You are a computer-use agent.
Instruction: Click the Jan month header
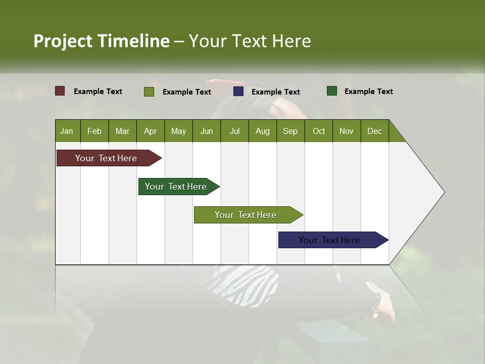[67, 131]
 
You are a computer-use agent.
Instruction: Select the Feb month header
[94, 131]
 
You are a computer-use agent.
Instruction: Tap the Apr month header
[150, 131]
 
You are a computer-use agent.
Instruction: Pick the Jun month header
[207, 131]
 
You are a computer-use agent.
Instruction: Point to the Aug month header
[262, 131]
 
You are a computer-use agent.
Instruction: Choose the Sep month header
[290, 131]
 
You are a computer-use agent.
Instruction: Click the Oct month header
[319, 131]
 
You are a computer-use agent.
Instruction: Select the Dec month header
[374, 131]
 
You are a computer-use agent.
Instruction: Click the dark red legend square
[60, 91]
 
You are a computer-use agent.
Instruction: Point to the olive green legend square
[149, 92]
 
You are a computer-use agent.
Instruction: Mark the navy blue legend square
[238, 92]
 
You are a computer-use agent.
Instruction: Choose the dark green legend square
[331, 91]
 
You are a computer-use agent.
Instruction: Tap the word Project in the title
[62, 41]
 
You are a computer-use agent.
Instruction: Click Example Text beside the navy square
[275, 92]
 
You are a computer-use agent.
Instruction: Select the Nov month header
[346, 131]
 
